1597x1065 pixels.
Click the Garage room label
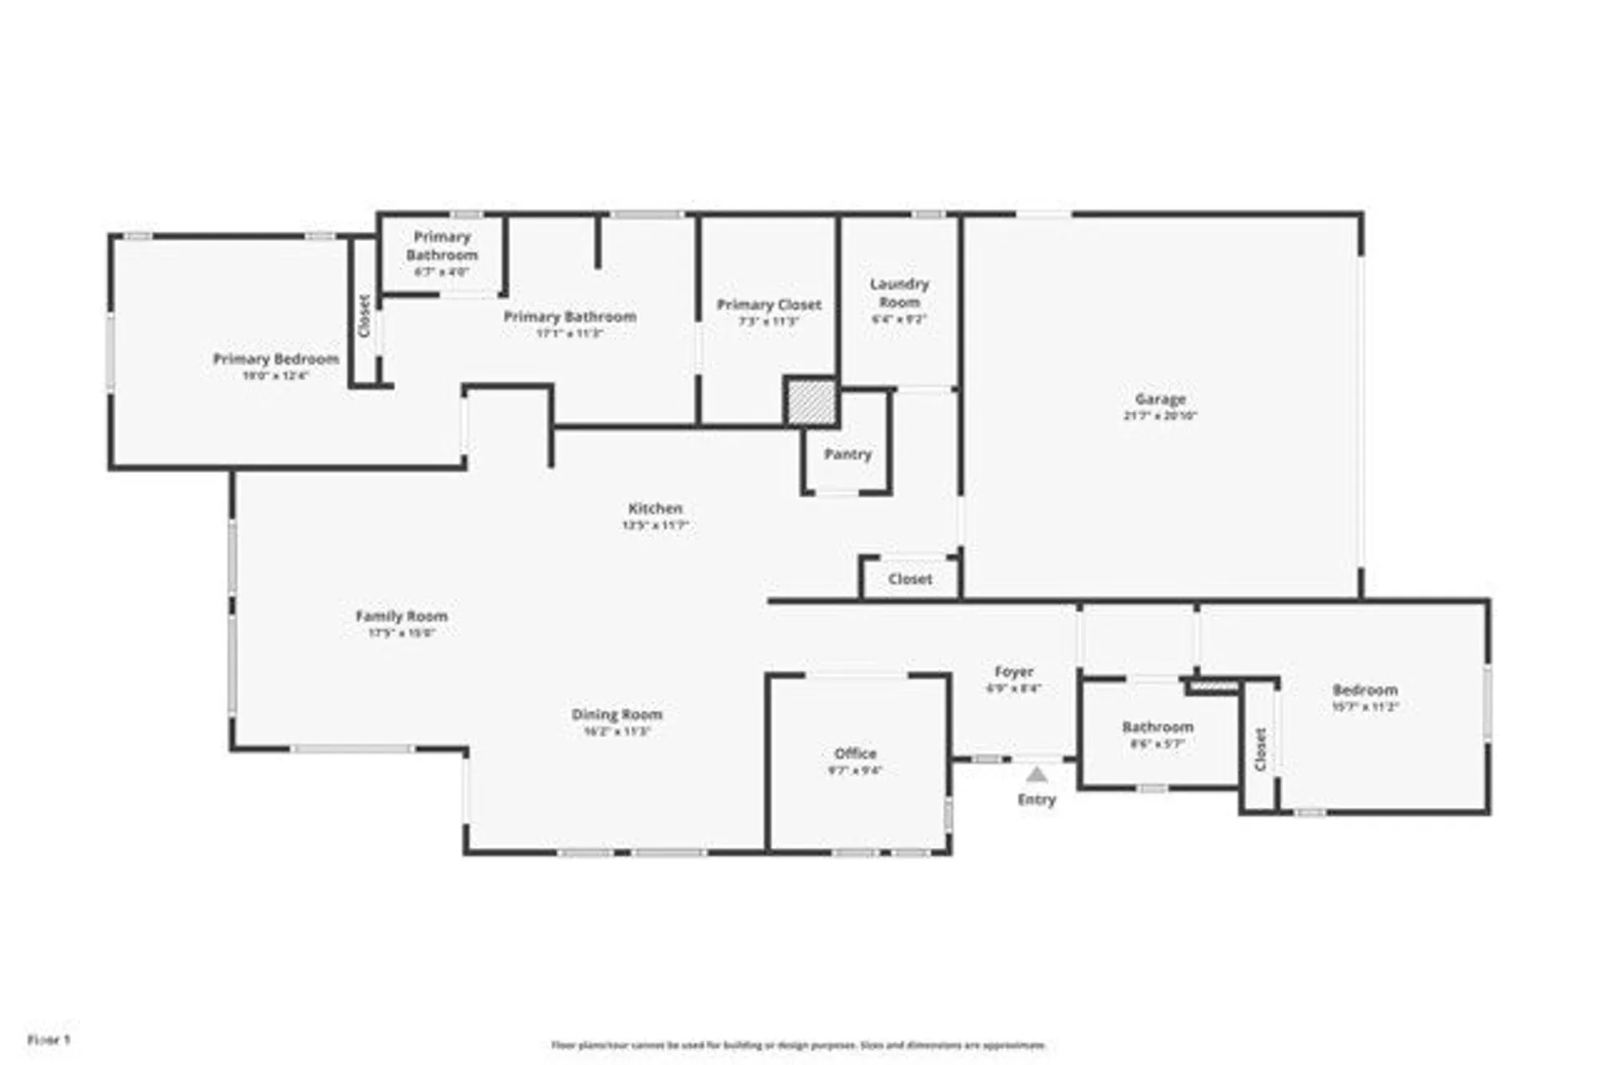pos(1160,399)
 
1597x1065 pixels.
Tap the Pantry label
pos(847,454)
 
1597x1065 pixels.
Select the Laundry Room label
pos(899,293)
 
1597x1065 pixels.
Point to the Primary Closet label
pos(768,305)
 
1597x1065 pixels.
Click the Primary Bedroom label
pos(275,359)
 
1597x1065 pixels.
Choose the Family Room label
pos(401,616)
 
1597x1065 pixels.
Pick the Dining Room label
pos(616,715)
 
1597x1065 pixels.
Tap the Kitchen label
pos(655,509)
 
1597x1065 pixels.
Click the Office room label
pos(854,754)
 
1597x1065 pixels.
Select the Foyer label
pos(1013,672)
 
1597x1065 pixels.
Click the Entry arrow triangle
pos(1036,774)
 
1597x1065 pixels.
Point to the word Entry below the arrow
pos(1036,800)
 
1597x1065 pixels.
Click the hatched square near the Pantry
pos(810,402)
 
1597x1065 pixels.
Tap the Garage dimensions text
pos(1160,416)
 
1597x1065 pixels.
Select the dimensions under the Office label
pos(854,770)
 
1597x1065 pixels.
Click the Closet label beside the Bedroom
pos(1260,749)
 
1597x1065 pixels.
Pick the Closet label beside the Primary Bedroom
pos(364,315)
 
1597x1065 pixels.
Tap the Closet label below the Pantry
pos(909,579)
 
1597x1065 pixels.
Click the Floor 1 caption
pos(49,1039)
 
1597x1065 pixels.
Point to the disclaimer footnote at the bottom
pos(798,1045)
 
